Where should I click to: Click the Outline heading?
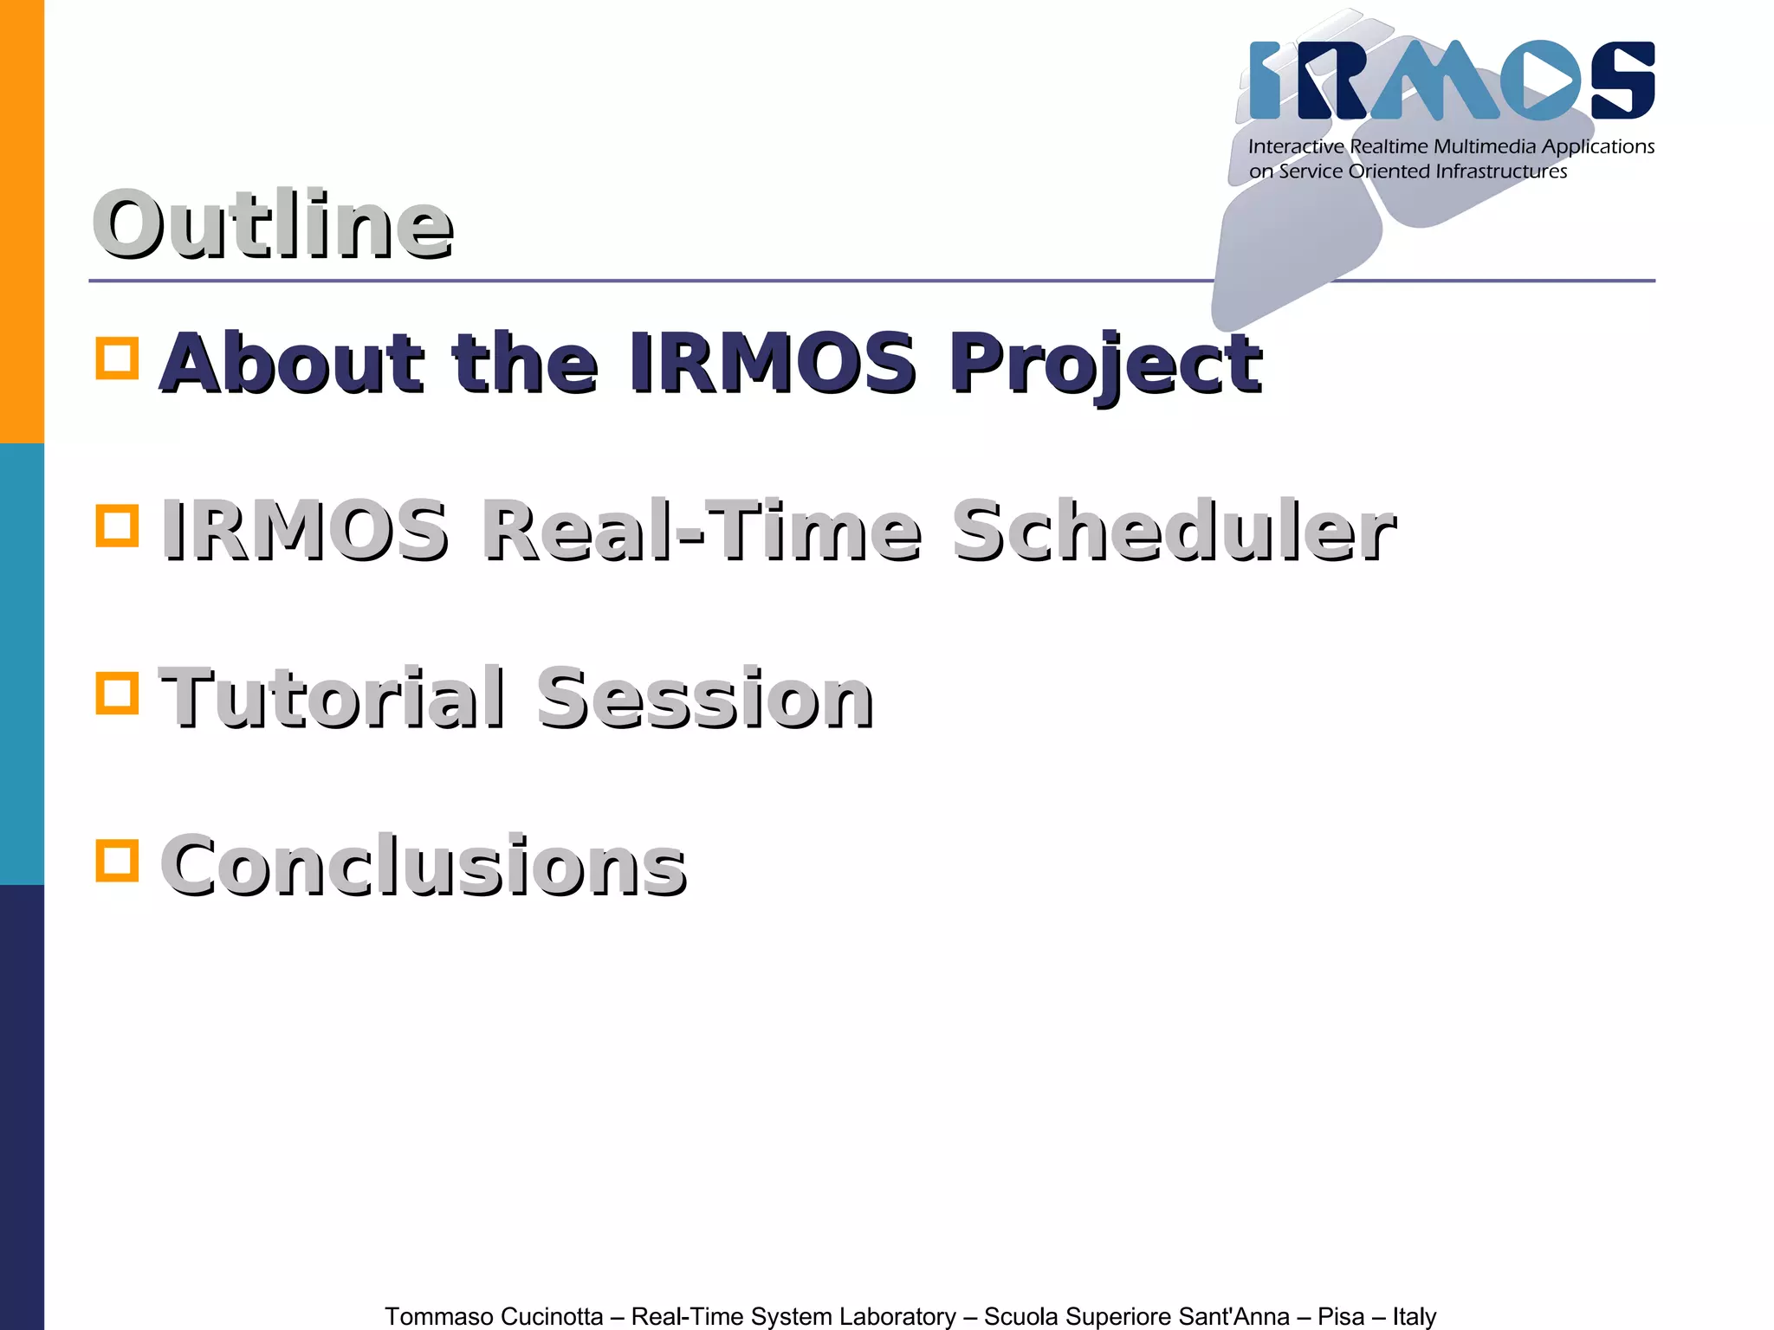tap(273, 225)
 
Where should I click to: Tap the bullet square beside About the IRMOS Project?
tap(117, 358)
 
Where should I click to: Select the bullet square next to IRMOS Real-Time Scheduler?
tap(117, 526)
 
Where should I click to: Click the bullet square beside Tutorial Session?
tap(117, 693)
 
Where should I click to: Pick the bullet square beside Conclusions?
tap(117, 860)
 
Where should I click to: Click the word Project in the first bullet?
tap(1104, 364)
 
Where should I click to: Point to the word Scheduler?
tap(1174, 530)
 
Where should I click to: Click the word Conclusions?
tap(424, 865)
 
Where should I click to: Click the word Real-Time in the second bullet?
tap(702, 530)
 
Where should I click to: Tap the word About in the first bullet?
tap(292, 364)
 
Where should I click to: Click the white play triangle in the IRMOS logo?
tap(1551, 81)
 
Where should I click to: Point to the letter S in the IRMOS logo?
tap(1622, 80)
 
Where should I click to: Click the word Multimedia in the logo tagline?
tap(1484, 146)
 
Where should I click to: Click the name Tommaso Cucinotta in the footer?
tap(494, 1316)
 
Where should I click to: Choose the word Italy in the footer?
tap(1414, 1316)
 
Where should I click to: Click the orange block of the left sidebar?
tap(22, 221)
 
